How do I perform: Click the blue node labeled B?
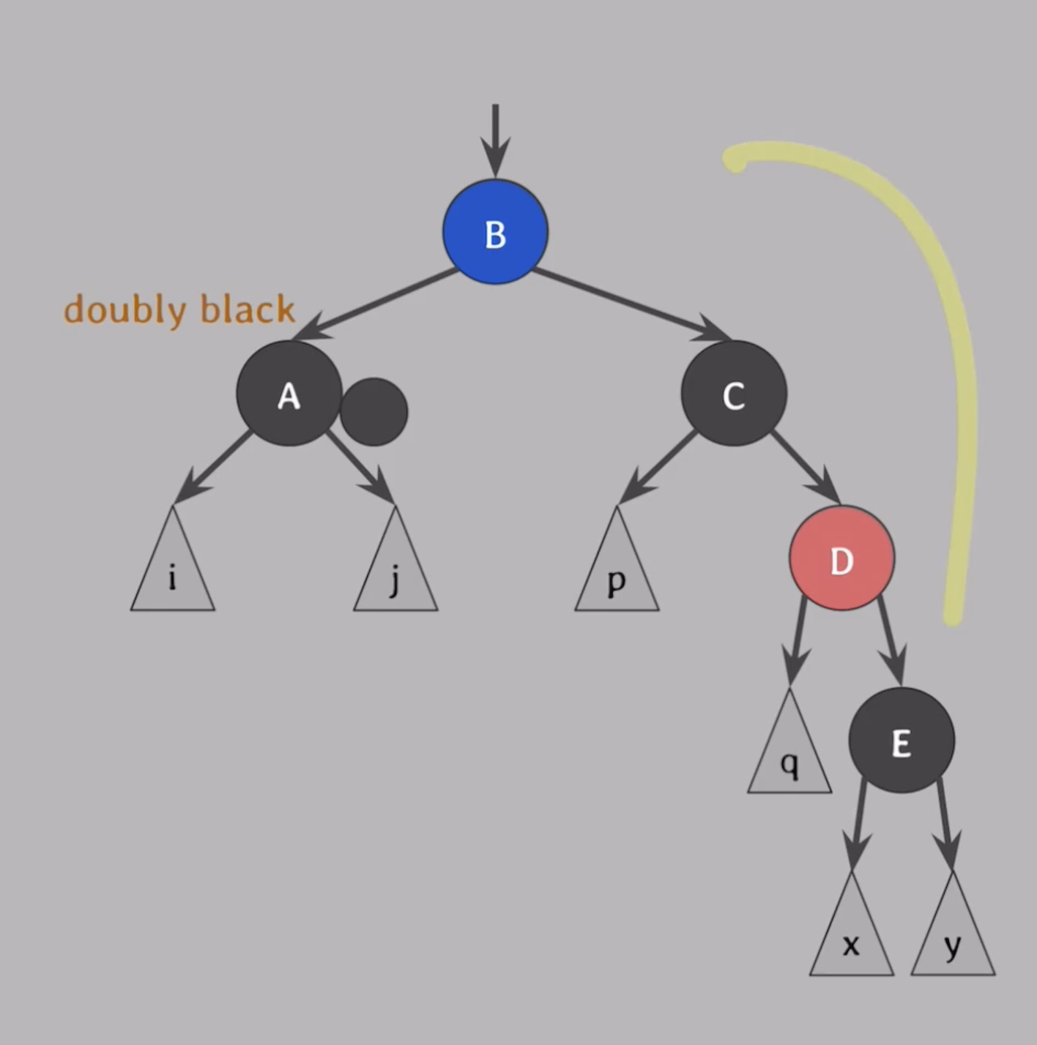point(495,232)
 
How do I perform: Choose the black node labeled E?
point(902,741)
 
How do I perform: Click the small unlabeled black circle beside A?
point(374,412)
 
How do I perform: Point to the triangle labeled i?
point(173,574)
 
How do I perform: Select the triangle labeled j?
point(395,574)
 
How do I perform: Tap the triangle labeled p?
point(617,574)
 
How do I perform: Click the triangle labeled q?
point(789,757)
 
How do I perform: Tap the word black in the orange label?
point(248,309)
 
